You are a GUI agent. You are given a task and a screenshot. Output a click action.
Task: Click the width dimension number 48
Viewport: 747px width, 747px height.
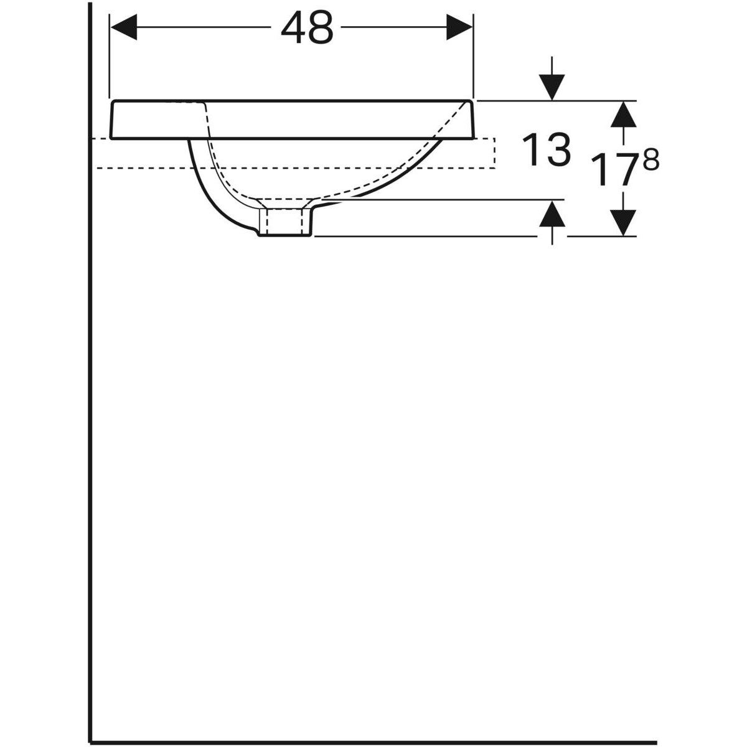pyautogui.click(x=306, y=29)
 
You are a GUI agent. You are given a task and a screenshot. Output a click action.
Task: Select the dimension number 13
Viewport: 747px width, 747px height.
pyautogui.click(x=547, y=151)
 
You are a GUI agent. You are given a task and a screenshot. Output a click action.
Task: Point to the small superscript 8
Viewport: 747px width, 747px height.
pyautogui.click(x=649, y=160)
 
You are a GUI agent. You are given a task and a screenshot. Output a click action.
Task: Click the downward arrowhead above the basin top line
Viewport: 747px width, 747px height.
pyautogui.click(x=552, y=87)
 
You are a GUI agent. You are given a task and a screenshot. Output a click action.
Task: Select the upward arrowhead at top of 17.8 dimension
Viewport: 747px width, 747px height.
pyautogui.click(x=623, y=115)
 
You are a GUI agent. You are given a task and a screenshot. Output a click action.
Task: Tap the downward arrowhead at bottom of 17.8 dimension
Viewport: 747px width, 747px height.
pyautogui.click(x=623, y=222)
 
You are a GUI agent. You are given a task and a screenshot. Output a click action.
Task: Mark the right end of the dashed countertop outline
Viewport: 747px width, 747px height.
pyautogui.click(x=494, y=153)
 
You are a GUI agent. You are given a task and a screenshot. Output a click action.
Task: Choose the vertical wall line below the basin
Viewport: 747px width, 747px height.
pyautogui.click(x=91, y=436)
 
